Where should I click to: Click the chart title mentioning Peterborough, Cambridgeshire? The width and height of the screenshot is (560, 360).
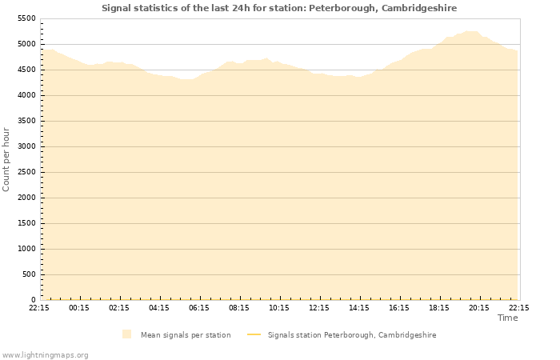pos(279,8)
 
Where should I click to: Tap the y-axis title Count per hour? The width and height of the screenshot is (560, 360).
pos(6,159)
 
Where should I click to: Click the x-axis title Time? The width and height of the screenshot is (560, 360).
pos(507,318)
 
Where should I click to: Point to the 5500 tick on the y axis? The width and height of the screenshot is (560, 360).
pos(26,18)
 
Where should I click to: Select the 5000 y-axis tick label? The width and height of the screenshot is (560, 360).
pos(26,44)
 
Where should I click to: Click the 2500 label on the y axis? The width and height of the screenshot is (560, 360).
pos(26,172)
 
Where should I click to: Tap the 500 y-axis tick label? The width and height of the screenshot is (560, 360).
pos(29,274)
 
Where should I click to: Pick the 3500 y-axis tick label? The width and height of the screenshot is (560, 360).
pos(26,121)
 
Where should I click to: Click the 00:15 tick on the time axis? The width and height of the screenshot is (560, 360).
pos(79,307)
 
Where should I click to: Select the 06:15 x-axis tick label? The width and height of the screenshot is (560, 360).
pos(199,307)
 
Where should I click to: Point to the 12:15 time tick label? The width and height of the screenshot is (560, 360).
pos(319,307)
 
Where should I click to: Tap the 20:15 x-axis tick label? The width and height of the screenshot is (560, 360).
pos(479,307)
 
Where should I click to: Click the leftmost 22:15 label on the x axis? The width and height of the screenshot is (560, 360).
pos(39,307)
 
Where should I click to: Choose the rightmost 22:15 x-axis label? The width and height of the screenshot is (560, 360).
pos(518,307)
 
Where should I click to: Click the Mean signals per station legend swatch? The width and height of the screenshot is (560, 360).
pos(126,334)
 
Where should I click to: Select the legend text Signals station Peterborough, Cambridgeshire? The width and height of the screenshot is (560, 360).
pos(352,335)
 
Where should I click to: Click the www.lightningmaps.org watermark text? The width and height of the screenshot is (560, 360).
pos(46,354)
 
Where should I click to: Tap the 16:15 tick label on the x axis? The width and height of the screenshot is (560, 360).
pos(399,307)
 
